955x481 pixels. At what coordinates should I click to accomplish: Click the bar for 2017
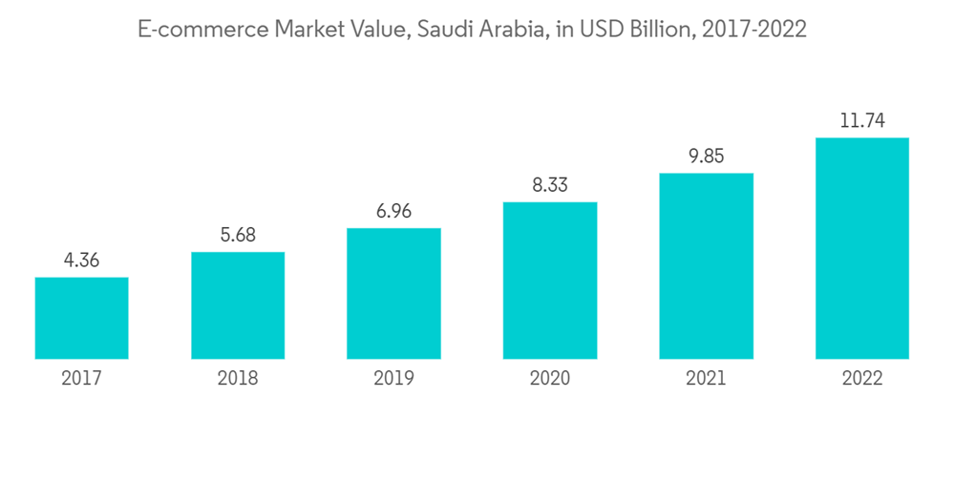click(x=81, y=318)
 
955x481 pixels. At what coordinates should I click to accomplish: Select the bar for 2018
click(x=238, y=305)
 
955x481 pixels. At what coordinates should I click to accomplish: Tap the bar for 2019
click(x=393, y=293)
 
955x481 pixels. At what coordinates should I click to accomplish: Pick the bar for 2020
click(x=550, y=281)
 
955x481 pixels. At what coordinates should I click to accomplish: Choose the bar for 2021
click(x=706, y=265)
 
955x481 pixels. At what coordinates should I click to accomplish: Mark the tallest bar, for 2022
click(x=862, y=248)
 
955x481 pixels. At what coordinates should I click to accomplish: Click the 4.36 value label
click(x=81, y=260)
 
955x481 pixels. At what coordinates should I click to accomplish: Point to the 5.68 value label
click(x=238, y=235)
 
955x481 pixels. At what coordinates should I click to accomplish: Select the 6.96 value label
click(x=393, y=211)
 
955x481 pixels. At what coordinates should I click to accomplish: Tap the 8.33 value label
click(x=550, y=185)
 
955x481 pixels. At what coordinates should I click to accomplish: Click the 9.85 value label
click(x=706, y=157)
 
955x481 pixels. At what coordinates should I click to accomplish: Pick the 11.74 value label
click(x=862, y=121)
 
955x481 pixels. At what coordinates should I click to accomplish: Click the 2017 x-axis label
click(x=81, y=379)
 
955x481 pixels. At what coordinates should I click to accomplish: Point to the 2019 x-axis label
click(x=393, y=379)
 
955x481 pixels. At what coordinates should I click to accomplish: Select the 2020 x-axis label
click(x=550, y=379)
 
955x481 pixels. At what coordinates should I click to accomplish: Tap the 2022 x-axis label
click(x=862, y=379)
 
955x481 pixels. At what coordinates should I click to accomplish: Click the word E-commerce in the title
click(x=202, y=31)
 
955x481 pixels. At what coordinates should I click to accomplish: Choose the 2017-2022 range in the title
click(x=753, y=31)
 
